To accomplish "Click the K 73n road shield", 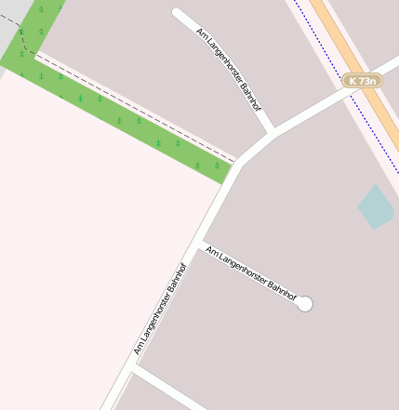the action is pos(362,81).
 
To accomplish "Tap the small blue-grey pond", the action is pos(376,207).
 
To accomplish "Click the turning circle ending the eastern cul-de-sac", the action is pos(304,304).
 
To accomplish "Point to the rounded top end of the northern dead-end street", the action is pos(178,13).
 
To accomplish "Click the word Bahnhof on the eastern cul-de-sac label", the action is pos(282,291).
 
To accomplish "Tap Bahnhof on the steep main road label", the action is pos(178,280).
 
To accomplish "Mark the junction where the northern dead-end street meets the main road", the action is pos(272,132).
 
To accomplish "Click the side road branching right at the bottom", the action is pos(167,390).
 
